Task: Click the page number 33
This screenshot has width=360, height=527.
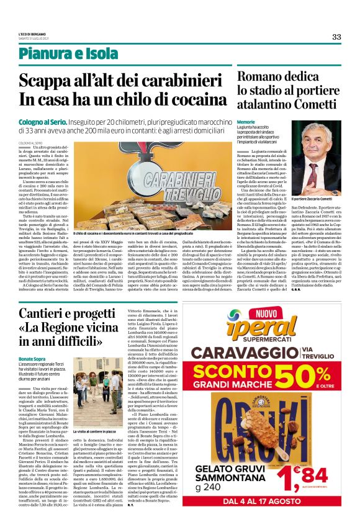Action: click(x=336, y=37)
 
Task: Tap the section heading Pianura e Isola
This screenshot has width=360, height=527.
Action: click(x=59, y=53)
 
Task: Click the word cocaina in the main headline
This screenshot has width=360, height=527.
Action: click(x=186, y=99)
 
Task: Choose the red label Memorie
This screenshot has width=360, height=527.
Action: click(x=246, y=122)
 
